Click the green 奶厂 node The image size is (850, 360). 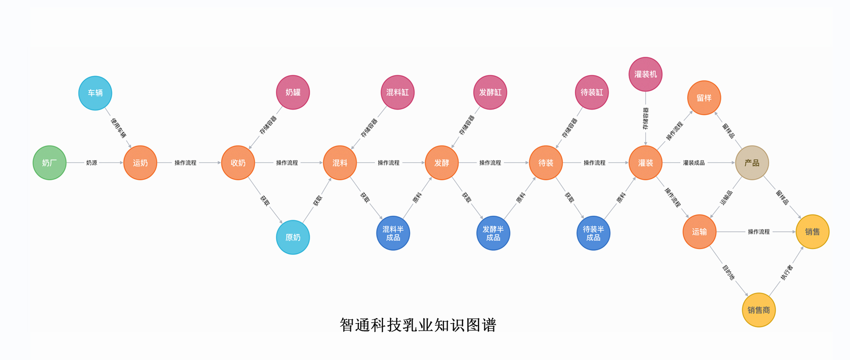coord(50,163)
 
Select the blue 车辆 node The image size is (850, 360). coord(95,93)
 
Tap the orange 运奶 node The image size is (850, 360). coord(140,163)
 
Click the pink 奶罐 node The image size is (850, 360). coord(293,92)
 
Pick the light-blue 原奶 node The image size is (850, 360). coord(293,237)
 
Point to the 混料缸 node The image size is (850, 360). coord(397,92)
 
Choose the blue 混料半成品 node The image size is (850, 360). coord(393,233)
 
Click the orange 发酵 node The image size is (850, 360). coord(442,163)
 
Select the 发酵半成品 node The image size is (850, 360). coord(493,233)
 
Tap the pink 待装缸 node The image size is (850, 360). coord(592,92)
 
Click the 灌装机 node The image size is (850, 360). coord(646,74)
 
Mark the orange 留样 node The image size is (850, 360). coord(704,98)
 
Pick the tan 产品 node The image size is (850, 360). coord(752,163)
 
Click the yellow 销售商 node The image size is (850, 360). coord(759,310)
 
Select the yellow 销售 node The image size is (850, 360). coord(812,232)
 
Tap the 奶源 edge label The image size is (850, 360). coord(91,163)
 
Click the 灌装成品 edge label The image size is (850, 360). coord(694,163)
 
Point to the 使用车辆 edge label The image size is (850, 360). coord(119,128)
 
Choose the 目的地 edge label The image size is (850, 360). coord(728,272)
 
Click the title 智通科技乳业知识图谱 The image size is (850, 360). coord(418,325)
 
